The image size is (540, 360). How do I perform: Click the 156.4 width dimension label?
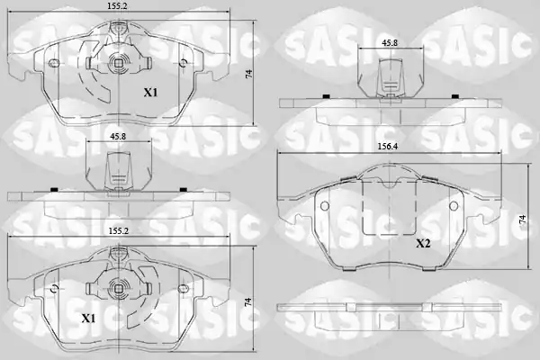point(387,146)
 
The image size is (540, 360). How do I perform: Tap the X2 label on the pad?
point(423,244)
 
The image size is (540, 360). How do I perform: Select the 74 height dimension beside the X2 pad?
point(523,220)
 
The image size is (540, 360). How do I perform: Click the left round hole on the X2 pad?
point(324,206)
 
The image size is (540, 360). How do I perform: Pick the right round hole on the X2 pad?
point(454,206)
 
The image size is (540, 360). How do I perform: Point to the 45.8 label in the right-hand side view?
point(390,43)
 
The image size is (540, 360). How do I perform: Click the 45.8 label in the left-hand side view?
point(118,137)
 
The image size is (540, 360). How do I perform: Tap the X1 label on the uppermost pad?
point(150,93)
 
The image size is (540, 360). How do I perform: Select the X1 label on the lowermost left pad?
point(88,319)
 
